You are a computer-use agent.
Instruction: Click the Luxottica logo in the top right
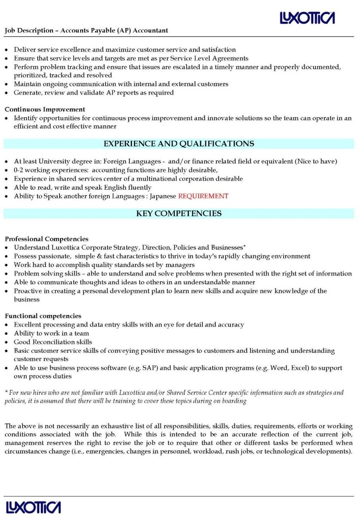(307, 18)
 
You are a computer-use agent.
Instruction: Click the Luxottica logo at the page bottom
(33, 507)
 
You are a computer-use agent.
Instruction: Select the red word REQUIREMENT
(203, 196)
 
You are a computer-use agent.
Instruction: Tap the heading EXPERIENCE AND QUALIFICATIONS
(179, 144)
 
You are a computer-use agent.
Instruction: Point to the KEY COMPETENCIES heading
(179, 213)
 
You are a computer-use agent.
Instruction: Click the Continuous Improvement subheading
(45, 109)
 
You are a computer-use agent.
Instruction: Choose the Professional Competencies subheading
(47, 239)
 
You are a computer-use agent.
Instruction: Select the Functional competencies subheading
(43, 316)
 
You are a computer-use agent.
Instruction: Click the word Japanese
(163, 196)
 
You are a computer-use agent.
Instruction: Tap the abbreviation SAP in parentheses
(149, 368)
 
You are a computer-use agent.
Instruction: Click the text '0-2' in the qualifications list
(18, 170)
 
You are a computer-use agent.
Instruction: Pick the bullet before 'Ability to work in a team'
(6, 333)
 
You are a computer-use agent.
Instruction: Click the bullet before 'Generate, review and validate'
(6, 93)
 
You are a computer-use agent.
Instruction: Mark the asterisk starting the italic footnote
(6, 392)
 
